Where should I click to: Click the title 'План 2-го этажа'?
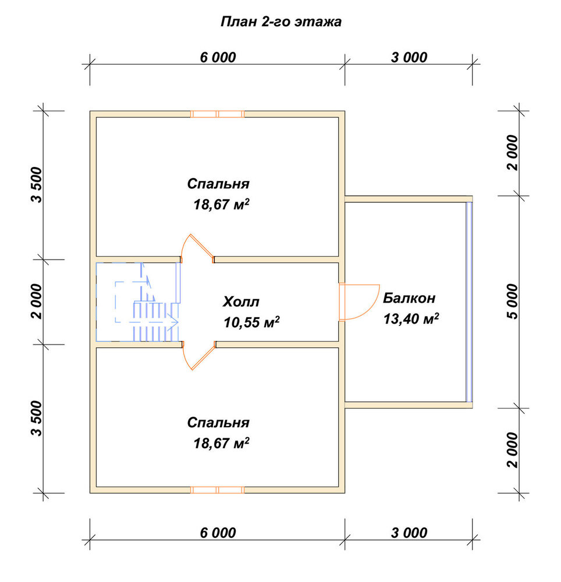pos(281,22)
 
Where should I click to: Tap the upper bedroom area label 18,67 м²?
pos(221,204)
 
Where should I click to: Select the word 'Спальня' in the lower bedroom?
pos(218,423)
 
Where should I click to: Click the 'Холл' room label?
pos(241,301)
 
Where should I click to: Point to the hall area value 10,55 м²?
pos(251,322)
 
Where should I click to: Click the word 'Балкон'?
pos(409,298)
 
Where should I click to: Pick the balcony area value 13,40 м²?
pos(411,318)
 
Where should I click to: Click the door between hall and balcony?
pos(358,301)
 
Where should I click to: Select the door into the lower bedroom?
pos(198,356)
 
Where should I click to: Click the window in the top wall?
pos(218,114)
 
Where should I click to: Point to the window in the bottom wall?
pos(218,490)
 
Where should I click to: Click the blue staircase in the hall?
pos(138,301)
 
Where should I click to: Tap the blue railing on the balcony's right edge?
pos(470,301)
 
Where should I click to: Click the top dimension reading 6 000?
pos(218,58)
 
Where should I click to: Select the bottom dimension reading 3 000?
pos(409,533)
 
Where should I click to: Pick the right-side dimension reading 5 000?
pos(512,301)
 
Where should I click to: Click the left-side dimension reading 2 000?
pos(37,301)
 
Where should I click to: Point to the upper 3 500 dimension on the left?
pos(37,185)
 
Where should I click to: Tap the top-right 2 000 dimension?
pos(512,152)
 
